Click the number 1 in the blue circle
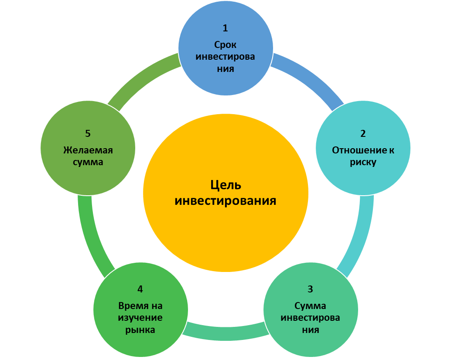coord(225,28)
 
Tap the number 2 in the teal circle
coord(363,134)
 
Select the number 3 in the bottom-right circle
coord(310,289)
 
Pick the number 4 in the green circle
coord(140,289)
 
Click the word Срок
coord(225,44)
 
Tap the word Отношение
coord(355,150)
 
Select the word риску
coord(363,163)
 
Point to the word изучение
coord(140,317)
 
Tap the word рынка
coord(140,329)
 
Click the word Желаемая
coord(88,150)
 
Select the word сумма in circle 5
coord(88,163)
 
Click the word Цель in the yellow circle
coord(225,185)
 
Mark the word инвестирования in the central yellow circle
coord(225,201)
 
